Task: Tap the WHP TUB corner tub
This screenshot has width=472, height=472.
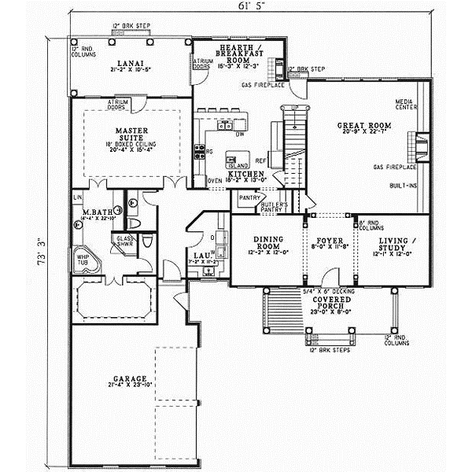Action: [85, 260]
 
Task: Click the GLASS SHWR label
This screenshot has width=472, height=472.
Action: [124, 239]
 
